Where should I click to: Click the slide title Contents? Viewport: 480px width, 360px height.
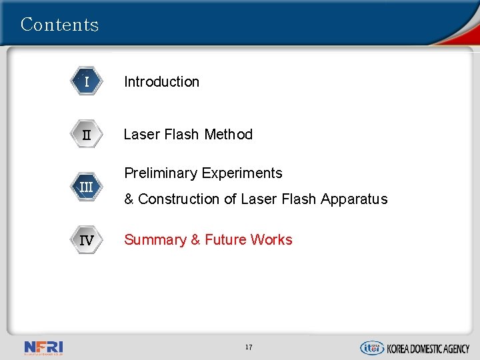click(59, 25)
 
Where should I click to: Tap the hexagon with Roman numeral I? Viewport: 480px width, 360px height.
click(87, 82)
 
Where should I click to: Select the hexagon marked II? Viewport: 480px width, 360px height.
click(87, 135)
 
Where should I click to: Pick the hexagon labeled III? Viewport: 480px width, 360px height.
click(87, 187)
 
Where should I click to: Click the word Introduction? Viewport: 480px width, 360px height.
click(161, 82)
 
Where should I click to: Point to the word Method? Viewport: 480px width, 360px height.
click(229, 135)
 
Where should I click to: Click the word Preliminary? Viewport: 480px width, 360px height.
click(161, 173)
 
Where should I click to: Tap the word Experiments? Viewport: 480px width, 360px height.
click(241, 173)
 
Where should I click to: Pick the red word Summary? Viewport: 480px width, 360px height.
click(155, 240)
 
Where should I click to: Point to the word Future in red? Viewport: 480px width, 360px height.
click(225, 240)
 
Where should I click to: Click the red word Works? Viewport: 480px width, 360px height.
click(271, 240)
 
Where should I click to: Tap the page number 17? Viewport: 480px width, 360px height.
click(249, 347)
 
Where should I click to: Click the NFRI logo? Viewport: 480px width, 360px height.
click(43, 347)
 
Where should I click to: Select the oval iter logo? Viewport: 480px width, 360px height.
click(371, 347)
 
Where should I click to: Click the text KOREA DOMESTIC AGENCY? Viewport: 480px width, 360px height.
click(428, 348)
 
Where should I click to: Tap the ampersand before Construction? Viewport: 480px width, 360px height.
click(129, 199)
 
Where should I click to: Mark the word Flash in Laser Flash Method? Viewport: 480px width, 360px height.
click(182, 135)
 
